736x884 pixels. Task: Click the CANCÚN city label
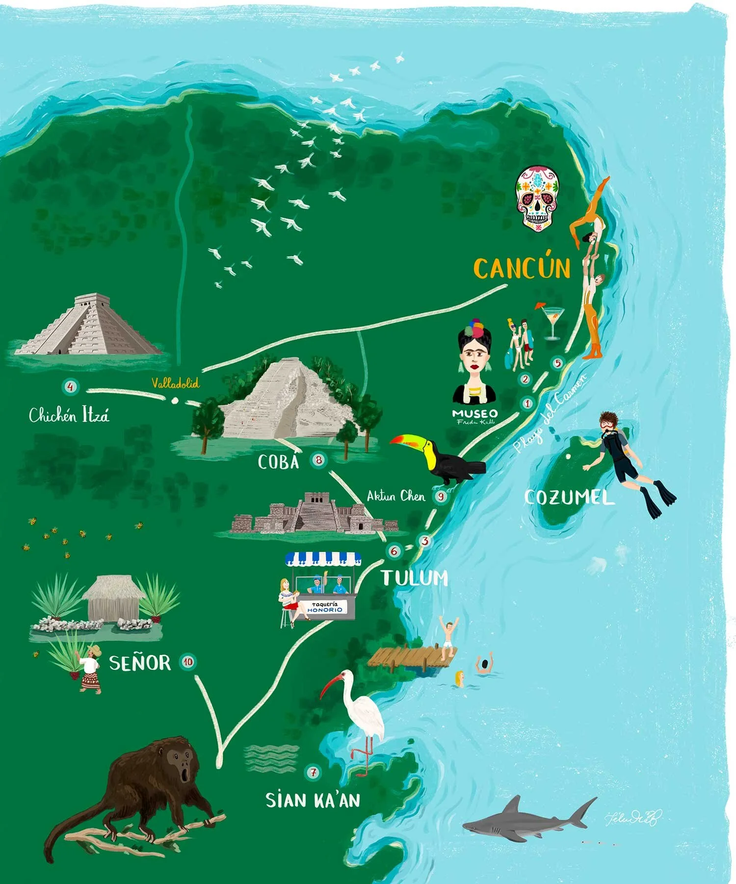[522, 268]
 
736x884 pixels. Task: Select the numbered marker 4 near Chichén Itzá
[71, 387]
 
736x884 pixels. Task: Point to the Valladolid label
[175, 383]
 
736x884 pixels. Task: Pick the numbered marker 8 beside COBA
[319, 460]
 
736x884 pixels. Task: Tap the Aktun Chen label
[395, 496]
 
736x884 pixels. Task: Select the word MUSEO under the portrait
[474, 413]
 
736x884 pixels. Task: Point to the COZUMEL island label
[569, 498]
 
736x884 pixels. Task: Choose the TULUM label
[415, 578]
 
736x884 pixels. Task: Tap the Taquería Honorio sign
[325, 607]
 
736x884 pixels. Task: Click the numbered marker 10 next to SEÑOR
[188, 662]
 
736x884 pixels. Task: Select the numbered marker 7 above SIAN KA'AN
[313, 772]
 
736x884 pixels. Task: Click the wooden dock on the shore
[407, 657]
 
